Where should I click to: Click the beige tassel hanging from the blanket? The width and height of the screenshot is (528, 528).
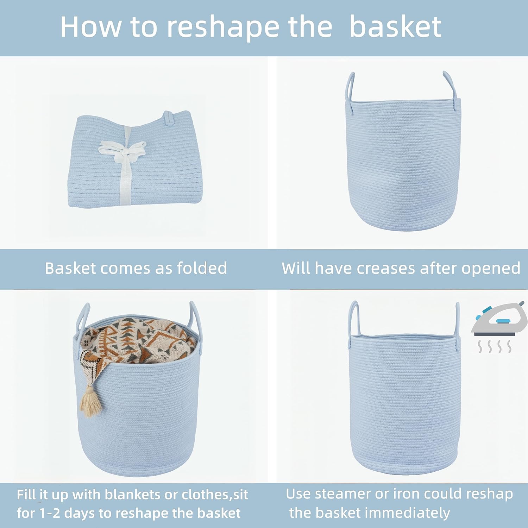(91, 401)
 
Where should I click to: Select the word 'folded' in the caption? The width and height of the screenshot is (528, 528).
(202, 268)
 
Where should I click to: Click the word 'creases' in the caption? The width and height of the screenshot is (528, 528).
(386, 269)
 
